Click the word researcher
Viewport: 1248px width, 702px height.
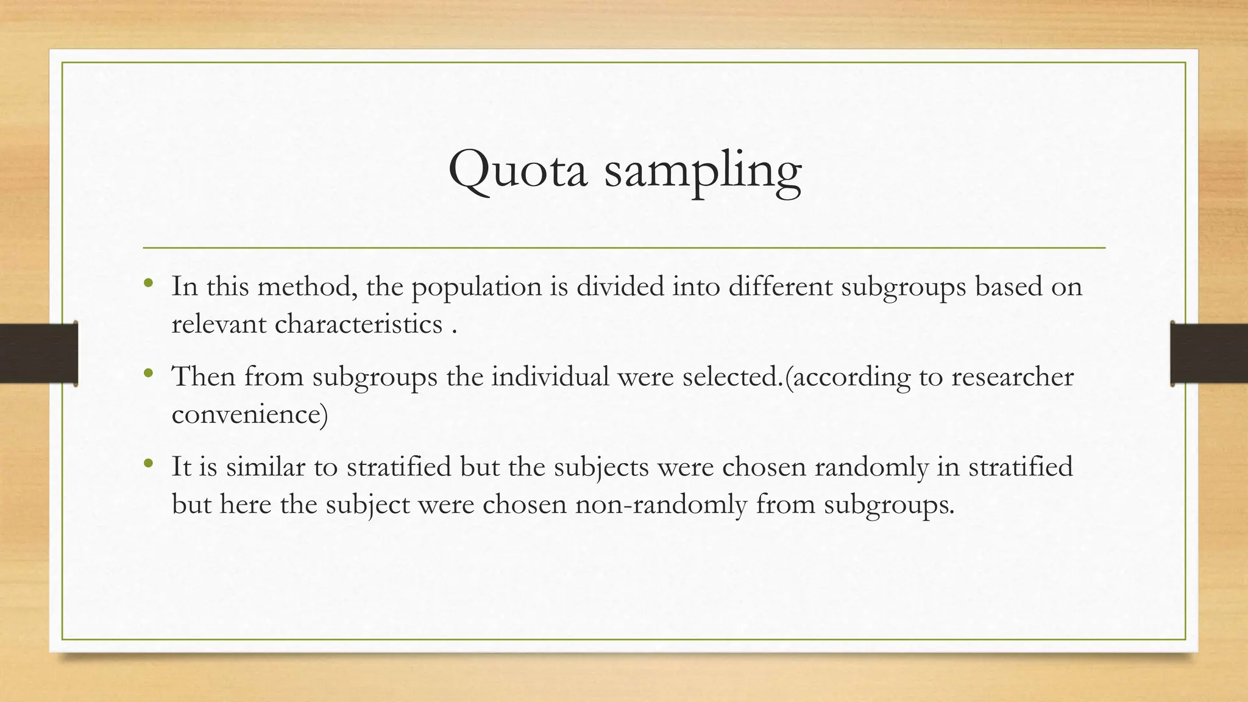coord(1012,376)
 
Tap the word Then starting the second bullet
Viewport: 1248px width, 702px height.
coord(204,376)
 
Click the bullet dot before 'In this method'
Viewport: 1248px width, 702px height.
coord(148,283)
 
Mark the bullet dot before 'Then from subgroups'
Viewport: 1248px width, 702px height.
coord(148,372)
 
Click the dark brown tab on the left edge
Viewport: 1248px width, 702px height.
coord(38,353)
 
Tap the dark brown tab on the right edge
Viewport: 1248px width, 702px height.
coord(1209,353)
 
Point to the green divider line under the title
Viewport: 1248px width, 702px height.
coord(624,248)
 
